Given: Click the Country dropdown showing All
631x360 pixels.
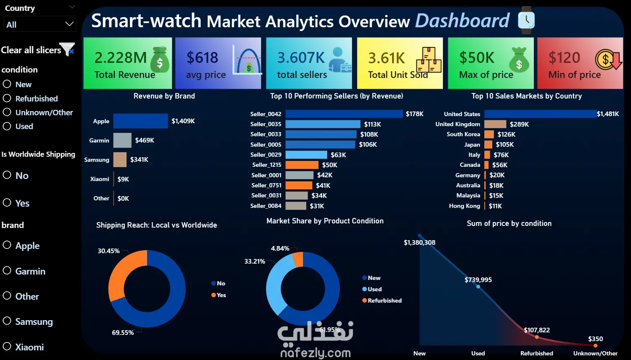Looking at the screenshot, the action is (x=40, y=24).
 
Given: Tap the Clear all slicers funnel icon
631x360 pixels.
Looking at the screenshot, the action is (x=67, y=49).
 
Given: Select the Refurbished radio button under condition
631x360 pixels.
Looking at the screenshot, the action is (x=7, y=98).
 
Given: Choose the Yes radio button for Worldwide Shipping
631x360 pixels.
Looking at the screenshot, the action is (x=7, y=202).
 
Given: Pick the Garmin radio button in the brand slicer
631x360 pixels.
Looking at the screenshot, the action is (x=7, y=270).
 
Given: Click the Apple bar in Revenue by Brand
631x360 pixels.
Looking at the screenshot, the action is (x=140, y=121).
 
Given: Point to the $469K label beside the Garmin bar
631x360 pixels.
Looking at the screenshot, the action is (x=145, y=140).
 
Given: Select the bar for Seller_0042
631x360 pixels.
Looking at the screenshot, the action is (x=344, y=114).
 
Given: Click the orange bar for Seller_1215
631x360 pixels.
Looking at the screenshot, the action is (x=302, y=165).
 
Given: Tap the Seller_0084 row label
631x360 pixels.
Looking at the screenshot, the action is (x=266, y=206).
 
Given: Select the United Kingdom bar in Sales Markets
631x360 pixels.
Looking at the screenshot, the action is (x=495, y=124).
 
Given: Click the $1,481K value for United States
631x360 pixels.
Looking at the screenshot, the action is (x=608, y=114).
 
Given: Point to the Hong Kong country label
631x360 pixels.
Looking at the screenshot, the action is (x=465, y=206).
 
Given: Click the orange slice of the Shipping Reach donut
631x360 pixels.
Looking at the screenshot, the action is (x=121, y=270).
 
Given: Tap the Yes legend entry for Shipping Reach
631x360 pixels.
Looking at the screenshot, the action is (x=219, y=295).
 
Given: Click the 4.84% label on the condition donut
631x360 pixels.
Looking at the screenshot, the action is (x=280, y=248).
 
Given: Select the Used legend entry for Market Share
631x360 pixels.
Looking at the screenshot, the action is (x=372, y=289).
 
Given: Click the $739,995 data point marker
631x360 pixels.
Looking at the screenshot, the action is (x=478, y=287).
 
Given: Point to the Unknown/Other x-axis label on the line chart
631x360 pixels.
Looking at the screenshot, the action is (x=595, y=353).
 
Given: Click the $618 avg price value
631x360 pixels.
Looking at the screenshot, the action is (x=202, y=57).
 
